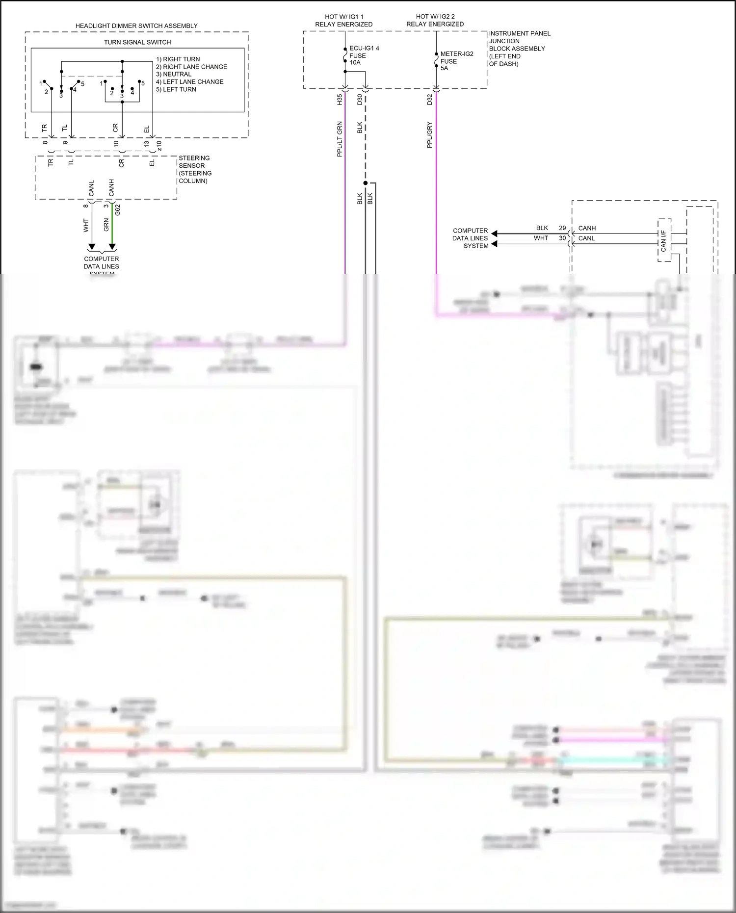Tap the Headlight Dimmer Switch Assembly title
click(136, 26)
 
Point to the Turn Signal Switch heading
click(137, 43)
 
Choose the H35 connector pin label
click(340, 100)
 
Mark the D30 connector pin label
click(360, 100)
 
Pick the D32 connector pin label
click(430, 100)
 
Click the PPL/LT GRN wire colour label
click(340, 139)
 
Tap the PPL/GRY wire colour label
click(430, 135)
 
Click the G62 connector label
click(118, 210)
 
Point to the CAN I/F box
click(664, 240)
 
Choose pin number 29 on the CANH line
click(562, 228)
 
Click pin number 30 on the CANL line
click(562, 238)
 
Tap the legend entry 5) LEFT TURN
click(176, 89)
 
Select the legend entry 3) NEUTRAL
click(174, 74)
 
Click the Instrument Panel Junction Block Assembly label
click(519, 49)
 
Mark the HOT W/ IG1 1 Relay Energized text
click(344, 21)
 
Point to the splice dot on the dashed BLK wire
click(365, 183)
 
